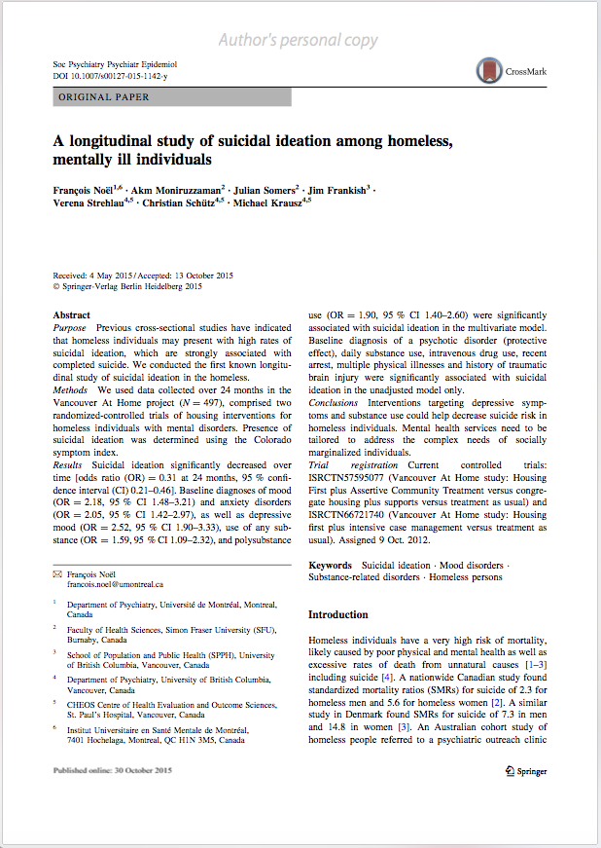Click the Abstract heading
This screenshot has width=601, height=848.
point(72,315)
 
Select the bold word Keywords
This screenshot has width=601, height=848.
point(330,565)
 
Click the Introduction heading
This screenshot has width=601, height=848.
point(337,615)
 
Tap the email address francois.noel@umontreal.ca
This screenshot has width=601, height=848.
point(107,584)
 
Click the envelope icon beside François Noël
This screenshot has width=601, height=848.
point(56,574)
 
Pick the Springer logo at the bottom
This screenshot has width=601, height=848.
point(525,771)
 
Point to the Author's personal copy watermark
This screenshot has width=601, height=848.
point(298,40)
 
